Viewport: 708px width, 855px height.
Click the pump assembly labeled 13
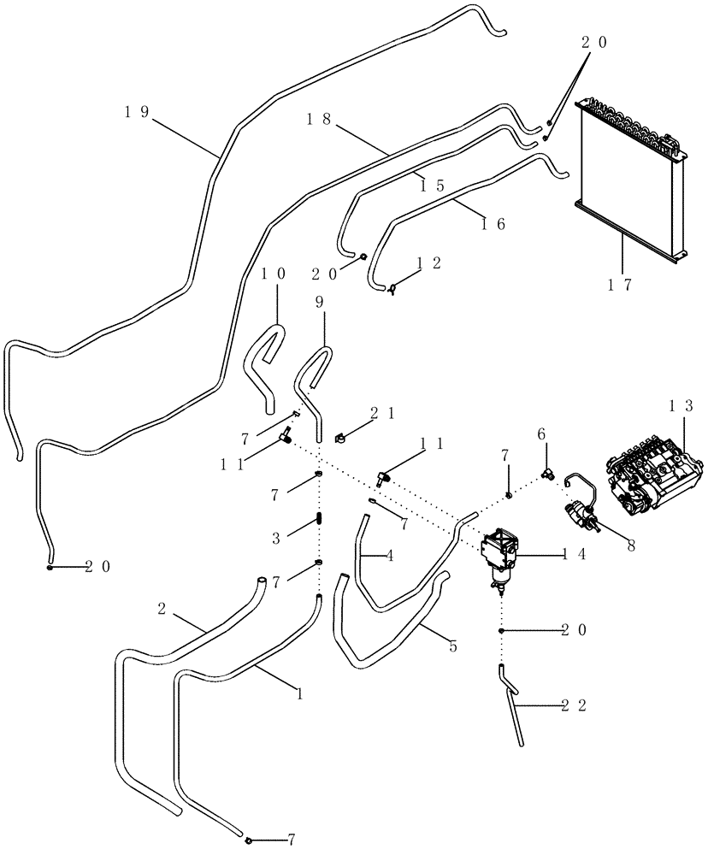pos(655,480)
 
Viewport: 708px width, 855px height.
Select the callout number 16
pos(495,224)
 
